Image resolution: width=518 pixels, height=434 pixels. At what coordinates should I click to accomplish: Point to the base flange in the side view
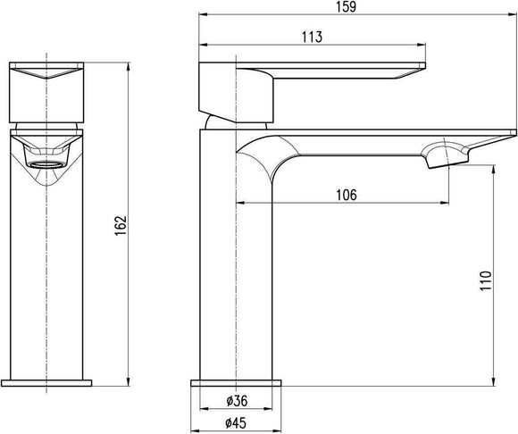pyautogui.click(x=236, y=382)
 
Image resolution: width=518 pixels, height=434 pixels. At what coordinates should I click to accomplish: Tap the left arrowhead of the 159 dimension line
pyautogui.click(x=201, y=16)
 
